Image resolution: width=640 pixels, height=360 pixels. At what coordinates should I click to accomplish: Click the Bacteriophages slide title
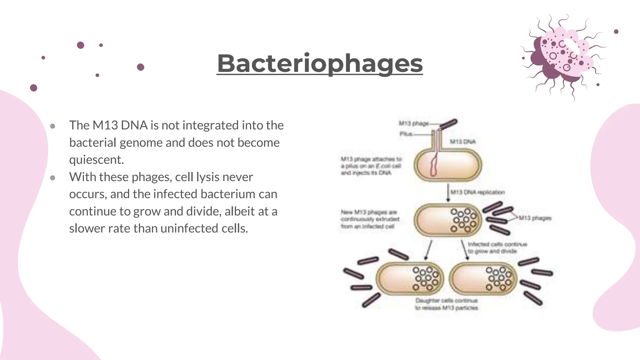pyautogui.click(x=320, y=63)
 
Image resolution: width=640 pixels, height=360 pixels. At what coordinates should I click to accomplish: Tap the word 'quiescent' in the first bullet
pyautogui.click(x=96, y=160)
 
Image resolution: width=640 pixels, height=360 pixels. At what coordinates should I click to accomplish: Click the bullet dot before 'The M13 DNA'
pyautogui.click(x=52, y=126)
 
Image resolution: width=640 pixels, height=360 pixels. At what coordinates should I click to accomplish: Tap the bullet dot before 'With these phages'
pyautogui.click(x=52, y=178)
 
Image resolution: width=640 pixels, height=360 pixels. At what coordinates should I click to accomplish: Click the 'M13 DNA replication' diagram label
pyautogui.click(x=477, y=192)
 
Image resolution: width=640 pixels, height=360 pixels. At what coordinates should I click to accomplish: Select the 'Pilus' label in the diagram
pyautogui.click(x=406, y=134)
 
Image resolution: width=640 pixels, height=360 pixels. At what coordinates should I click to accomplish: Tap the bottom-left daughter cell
pyautogui.click(x=410, y=278)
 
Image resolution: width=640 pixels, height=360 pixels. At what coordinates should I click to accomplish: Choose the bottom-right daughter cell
pyautogui.click(x=482, y=278)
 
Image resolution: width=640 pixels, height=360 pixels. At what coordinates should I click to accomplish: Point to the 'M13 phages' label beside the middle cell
pyautogui.click(x=535, y=218)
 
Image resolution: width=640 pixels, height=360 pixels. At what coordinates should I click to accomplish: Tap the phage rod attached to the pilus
pyautogui.click(x=449, y=124)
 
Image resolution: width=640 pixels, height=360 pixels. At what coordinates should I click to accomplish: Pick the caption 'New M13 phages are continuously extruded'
pyautogui.click(x=370, y=219)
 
